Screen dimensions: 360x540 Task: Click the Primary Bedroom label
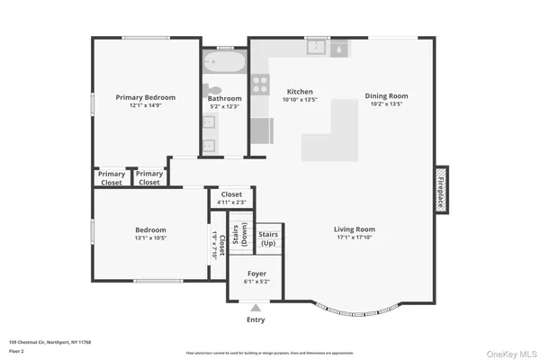pyautogui.click(x=145, y=97)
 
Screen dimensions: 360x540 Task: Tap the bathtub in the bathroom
pyautogui.click(x=221, y=64)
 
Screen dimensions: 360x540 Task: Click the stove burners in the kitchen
pyautogui.click(x=260, y=85)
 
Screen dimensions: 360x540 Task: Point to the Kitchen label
pyautogui.click(x=300, y=92)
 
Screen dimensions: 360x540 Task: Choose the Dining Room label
pyautogui.click(x=386, y=95)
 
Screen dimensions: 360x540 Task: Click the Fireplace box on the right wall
pyautogui.click(x=442, y=190)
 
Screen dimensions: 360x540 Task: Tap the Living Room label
pyautogui.click(x=354, y=229)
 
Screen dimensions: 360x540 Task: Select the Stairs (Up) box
pyautogui.click(x=269, y=238)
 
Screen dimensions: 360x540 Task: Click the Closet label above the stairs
pyautogui.click(x=231, y=194)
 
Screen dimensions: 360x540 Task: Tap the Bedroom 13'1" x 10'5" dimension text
pyautogui.click(x=151, y=238)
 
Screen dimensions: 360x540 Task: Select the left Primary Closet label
pyautogui.click(x=112, y=178)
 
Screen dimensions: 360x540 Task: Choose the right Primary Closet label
pyautogui.click(x=149, y=178)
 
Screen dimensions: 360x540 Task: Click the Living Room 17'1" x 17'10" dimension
pyautogui.click(x=354, y=238)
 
